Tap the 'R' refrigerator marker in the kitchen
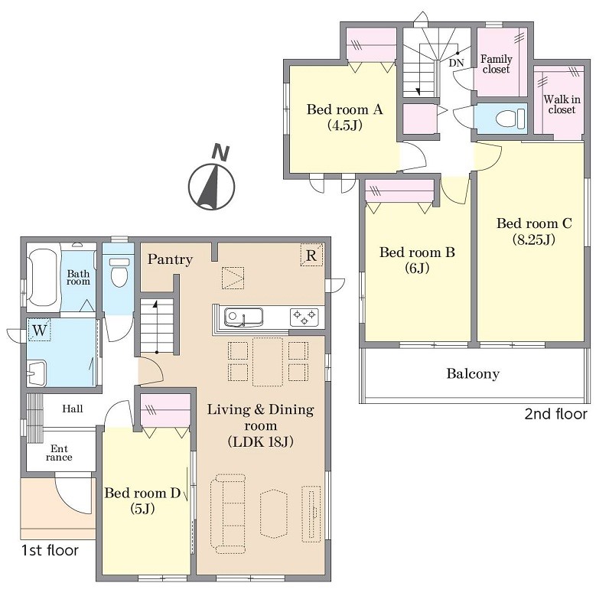(x=311, y=255)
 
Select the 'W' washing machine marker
(x=40, y=330)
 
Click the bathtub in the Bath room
(x=43, y=277)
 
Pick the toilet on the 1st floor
(x=119, y=272)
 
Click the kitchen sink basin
(x=243, y=318)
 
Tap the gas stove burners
(x=304, y=318)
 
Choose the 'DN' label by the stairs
(x=456, y=63)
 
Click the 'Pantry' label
(x=170, y=259)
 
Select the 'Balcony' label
(x=473, y=373)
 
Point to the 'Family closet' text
(x=497, y=64)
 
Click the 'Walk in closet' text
(x=562, y=105)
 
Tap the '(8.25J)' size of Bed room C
(x=534, y=239)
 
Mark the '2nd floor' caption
(x=555, y=414)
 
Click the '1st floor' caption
(x=50, y=550)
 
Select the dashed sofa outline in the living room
(x=228, y=513)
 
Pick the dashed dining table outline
(x=268, y=362)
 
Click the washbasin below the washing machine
(x=37, y=373)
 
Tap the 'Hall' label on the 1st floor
(x=73, y=409)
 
